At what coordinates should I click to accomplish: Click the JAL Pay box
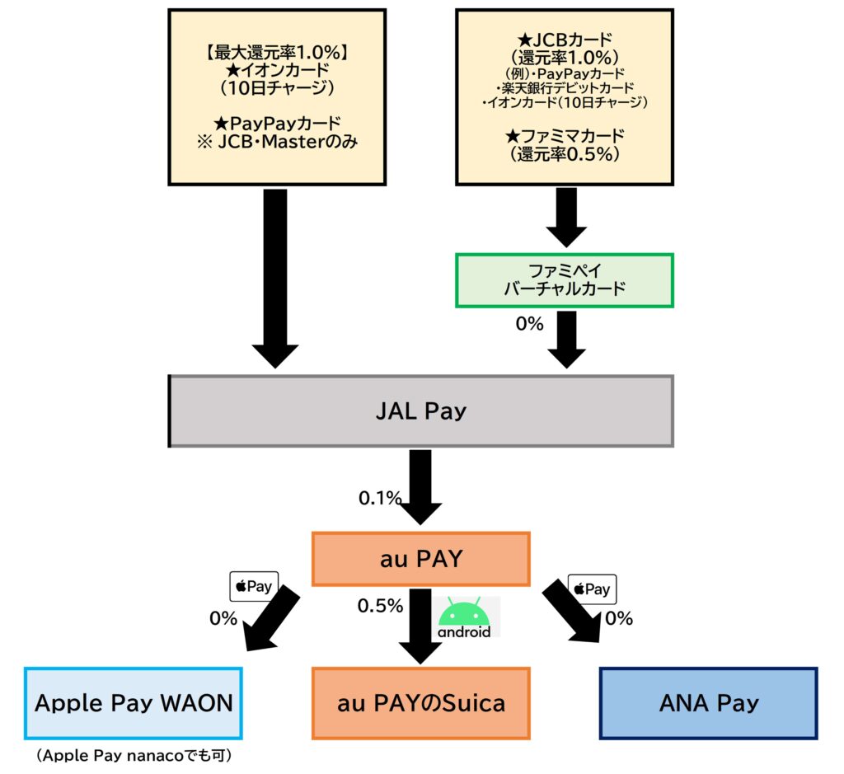pyautogui.click(x=421, y=411)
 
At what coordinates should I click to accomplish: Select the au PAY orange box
pyautogui.click(x=420, y=560)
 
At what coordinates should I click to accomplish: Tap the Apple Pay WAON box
pyautogui.click(x=134, y=703)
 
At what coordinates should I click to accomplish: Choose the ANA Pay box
pyautogui.click(x=708, y=703)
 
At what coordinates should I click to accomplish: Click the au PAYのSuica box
pyautogui.click(x=420, y=703)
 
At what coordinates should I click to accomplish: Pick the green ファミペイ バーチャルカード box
pyautogui.click(x=565, y=280)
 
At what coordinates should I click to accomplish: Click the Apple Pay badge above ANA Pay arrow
pyautogui.click(x=593, y=589)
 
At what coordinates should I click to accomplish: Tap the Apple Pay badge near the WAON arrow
pyautogui.click(x=253, y=587)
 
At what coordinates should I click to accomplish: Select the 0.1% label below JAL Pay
pyautogui.click(x=379, y=498)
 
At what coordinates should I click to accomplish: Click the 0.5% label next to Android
pyautogui.click(x=380, y=606)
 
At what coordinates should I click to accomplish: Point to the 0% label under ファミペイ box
pyautogui.click(x=529, y=324)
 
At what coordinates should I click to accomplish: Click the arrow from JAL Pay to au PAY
pyautogui.click(x=420, y=486)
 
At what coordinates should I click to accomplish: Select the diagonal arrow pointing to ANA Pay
pyautogui.click(x=574, y=612)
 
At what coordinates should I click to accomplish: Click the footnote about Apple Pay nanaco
pyautogui.click(x=133, y=756)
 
